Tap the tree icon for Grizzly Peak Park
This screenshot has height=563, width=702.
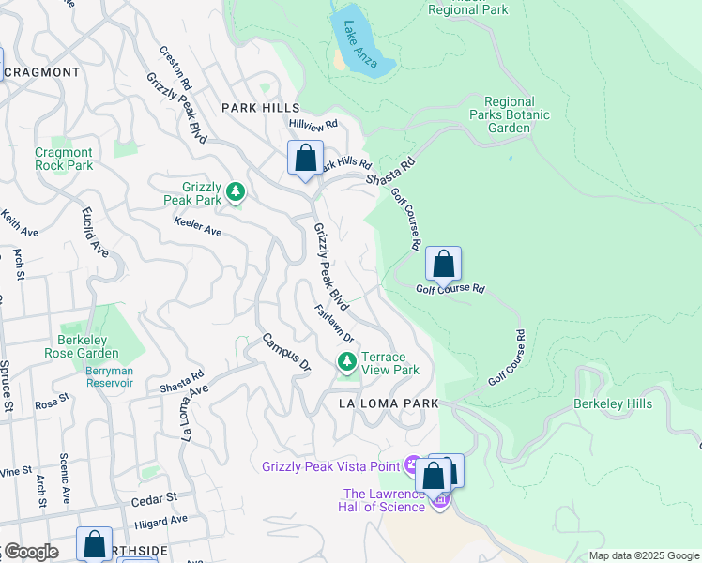[x=235, y=193]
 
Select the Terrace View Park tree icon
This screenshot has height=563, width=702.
[x=347, y=361]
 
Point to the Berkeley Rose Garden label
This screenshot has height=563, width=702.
[x=82, y=346]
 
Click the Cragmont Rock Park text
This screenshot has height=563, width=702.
[x=64, y=159]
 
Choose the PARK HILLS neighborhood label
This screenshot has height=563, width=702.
[x=260, y=109]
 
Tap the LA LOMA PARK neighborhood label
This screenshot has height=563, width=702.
[x=389, y=403]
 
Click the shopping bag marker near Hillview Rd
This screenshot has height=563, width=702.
[x=305, y=159]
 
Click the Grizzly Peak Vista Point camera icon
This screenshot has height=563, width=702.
[x=412, y=464]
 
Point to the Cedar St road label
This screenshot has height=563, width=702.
[x=157, y=497]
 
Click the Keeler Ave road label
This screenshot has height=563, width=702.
[x=197, y=226]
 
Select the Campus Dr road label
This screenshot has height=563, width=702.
[x=285, y=351]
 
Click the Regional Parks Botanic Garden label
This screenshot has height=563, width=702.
[x=510, y=114]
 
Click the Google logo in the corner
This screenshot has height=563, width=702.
[x=30, y=552]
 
